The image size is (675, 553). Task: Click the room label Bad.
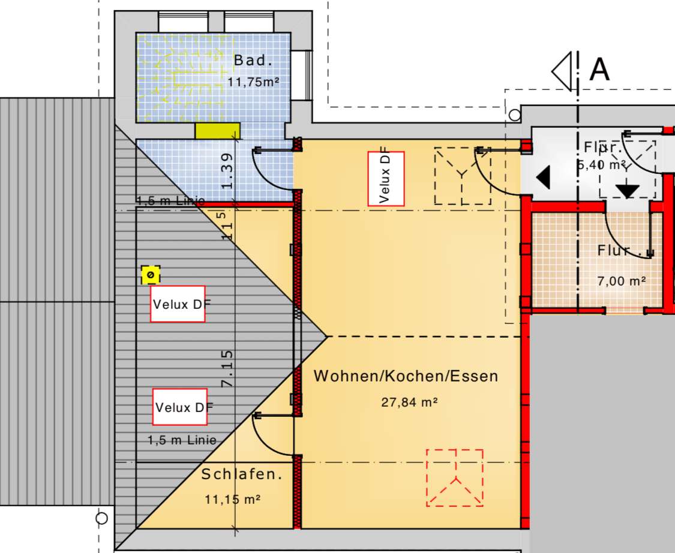(254, 61)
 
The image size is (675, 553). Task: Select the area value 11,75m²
(254, 82)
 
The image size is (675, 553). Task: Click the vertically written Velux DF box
(386, 179)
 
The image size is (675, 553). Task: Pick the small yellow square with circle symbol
(151, 275)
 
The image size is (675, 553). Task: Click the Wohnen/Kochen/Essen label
(406, 376)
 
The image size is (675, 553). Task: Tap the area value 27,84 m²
(409, 402)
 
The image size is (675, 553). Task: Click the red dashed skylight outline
(455, 477)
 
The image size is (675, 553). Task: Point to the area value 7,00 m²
(621, 280)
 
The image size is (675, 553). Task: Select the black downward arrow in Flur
(628, 190)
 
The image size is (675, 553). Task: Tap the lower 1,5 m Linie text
(182, 440)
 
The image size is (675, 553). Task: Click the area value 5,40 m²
(602, 165)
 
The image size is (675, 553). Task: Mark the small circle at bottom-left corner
(101, 518)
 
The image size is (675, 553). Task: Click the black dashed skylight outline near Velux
(463, 175)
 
